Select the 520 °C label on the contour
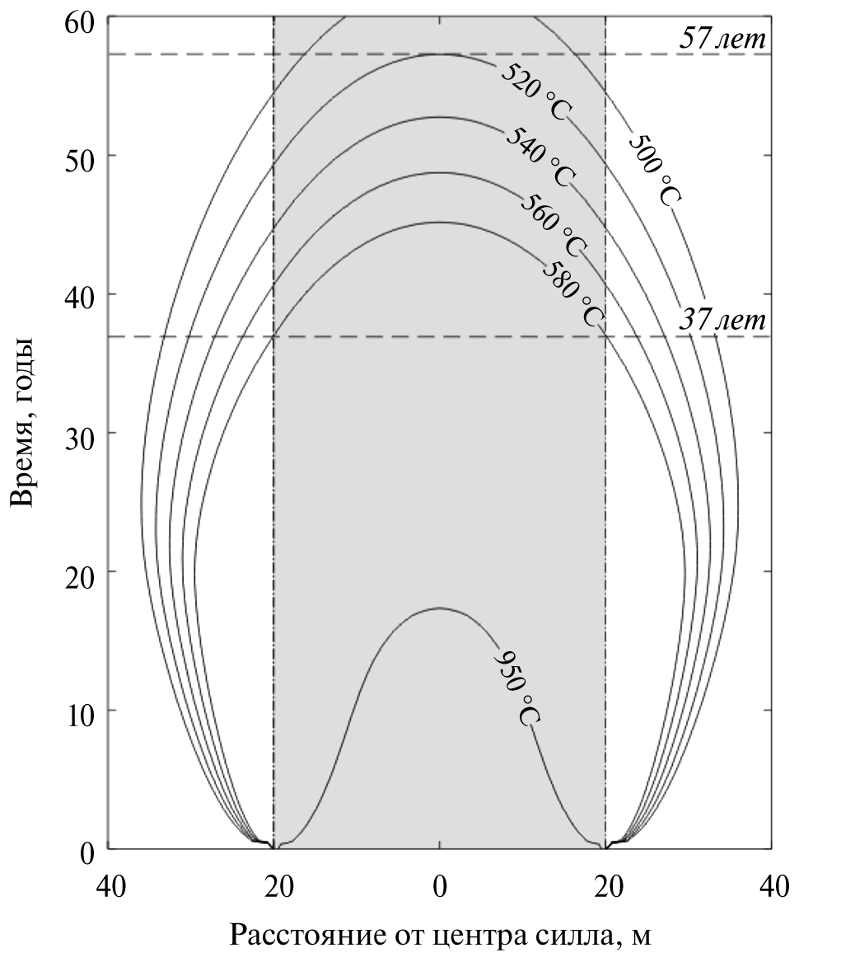tap(535, 91)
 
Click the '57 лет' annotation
tap(722, 37)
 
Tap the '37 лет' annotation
tap(722, 320)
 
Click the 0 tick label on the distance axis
tap(440, 887)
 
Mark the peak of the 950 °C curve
tap(440, 608)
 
